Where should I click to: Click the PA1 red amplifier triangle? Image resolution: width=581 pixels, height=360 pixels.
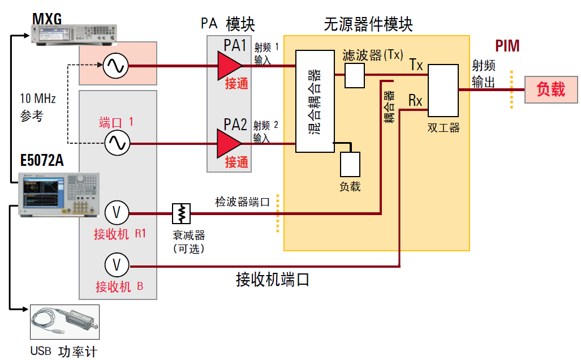[229, 66]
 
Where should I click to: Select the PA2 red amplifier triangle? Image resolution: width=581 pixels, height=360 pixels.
[229, 143]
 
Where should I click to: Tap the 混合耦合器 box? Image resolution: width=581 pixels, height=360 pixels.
[315, 101]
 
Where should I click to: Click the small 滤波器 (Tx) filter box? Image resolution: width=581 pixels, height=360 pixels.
[355, 75]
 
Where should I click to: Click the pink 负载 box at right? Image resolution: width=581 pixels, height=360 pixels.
[550, 89]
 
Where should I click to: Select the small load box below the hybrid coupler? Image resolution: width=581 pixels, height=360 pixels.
[350, 165]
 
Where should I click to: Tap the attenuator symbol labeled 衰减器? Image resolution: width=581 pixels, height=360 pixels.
[182, 213]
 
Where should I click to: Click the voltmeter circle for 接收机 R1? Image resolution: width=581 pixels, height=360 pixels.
[117, 213]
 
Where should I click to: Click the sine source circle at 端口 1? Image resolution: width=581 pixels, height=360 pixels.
[117, 143]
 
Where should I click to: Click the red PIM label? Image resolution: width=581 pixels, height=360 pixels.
[507, 46]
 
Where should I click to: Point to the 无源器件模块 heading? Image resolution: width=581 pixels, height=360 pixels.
[368, 24]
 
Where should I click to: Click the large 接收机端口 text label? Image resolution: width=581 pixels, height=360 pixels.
[273, 279]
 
